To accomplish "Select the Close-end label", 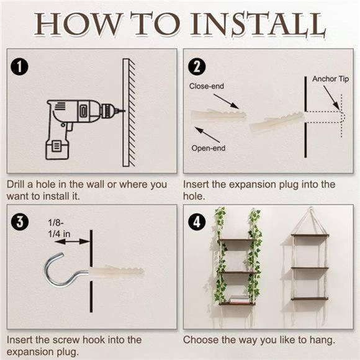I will tap(207, 87).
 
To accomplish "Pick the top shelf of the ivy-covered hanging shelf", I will tap(236, 241).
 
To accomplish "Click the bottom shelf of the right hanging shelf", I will tap(310, 299).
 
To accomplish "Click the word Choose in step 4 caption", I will tap(200, 340).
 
